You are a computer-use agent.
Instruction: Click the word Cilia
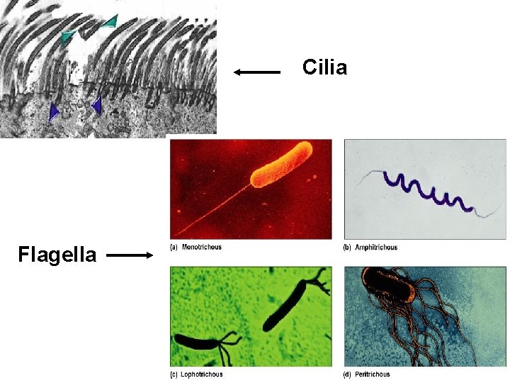324,68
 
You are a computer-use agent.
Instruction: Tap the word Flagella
57,254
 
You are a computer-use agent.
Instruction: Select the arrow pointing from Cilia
257,71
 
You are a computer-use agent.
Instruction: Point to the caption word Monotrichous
202,248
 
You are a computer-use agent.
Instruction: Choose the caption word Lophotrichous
202,374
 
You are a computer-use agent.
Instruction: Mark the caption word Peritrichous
373,374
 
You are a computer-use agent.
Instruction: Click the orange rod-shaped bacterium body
283,165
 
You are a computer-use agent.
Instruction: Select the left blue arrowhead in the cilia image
54,111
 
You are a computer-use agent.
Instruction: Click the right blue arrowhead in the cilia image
96,106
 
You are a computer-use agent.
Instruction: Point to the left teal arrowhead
67,36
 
